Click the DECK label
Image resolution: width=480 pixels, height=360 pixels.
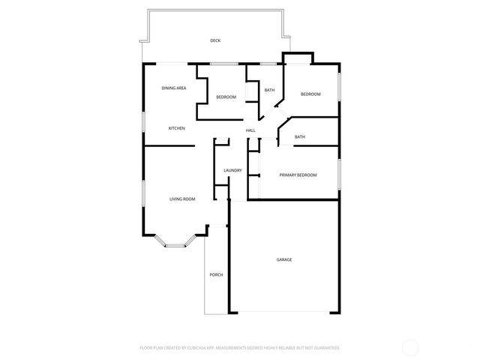click(215, 40)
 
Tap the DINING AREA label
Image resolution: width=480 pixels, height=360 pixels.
click(174, 88)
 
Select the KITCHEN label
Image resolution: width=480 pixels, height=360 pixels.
click(176, 128)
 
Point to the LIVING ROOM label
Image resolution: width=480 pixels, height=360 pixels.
click(182, 199)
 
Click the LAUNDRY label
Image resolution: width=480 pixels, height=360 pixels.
click(232, 170)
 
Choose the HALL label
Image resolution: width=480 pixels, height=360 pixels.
click(250, 130)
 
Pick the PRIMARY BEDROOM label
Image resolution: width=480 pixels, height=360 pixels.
click(298, 175)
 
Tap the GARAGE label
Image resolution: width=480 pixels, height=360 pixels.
click(284, 259)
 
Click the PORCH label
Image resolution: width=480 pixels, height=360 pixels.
click(216, 274)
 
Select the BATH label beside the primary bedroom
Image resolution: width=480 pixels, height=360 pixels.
click(300, 136)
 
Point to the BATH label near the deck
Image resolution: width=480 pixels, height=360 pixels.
click(269, 91)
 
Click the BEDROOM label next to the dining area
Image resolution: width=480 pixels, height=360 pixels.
click(226, 97)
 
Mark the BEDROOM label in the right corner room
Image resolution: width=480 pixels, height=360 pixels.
click(310, 94)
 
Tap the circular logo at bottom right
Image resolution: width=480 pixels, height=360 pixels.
click(410, 347)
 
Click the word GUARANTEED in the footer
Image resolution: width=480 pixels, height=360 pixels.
click(325, 348)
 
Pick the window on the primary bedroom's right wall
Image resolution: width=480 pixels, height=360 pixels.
click(339, 172)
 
